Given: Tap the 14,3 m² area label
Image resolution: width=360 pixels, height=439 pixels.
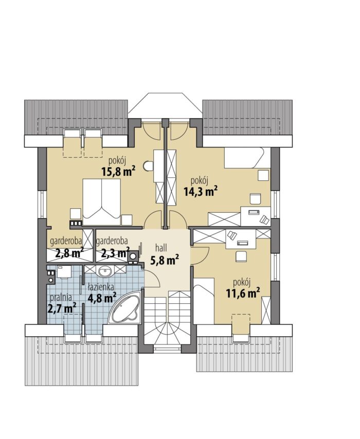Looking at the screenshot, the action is coord(201,192).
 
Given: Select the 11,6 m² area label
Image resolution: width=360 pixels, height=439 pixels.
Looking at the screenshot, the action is coord(243,293).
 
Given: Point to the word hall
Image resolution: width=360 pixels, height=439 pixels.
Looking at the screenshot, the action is coord(161,247).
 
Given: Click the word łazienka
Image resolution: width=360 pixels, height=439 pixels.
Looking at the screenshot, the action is coord(100,287).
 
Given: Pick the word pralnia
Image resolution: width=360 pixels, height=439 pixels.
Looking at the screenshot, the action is coord(61,298).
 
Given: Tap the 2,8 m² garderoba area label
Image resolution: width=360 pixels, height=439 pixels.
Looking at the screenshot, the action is coord(69,253).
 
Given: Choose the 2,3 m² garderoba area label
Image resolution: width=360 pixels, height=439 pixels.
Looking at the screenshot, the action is coord(115,253).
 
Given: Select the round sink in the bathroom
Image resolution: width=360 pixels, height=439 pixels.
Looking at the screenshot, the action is coord(105,271).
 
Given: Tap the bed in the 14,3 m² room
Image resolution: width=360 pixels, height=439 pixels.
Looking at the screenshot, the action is coord(244,158).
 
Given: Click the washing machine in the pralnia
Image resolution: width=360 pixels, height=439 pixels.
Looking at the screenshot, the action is coord(64,271).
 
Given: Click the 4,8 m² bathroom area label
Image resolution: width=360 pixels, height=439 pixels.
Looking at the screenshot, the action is coord(102,298).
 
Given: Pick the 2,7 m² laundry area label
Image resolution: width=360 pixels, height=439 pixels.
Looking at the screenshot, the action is coord(62,308).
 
